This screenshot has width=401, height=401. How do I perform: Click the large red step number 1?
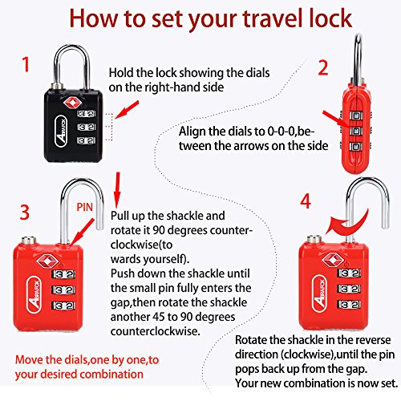(26, 64)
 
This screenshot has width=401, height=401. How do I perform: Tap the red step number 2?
(323, 67)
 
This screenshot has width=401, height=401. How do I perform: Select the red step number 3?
(25, 213)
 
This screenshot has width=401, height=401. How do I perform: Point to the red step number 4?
(306, 201)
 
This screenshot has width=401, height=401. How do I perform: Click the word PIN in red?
(84, 207)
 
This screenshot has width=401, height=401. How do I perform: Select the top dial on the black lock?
(87, 114)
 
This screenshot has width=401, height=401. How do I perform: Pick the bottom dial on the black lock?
(87, 140)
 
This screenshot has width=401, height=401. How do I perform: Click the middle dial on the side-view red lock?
(356, 131)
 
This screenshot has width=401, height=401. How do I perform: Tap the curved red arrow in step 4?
(347, 223)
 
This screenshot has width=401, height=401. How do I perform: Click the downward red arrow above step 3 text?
(117, 190)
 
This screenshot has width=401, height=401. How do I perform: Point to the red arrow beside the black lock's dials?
(128, 110)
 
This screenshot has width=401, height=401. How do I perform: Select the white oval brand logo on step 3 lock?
(34, 294)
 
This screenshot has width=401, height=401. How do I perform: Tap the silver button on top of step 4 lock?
(314, 238)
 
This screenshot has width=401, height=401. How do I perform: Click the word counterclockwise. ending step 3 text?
(156, 331)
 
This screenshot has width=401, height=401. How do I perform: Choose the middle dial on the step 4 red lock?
(349, 289)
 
